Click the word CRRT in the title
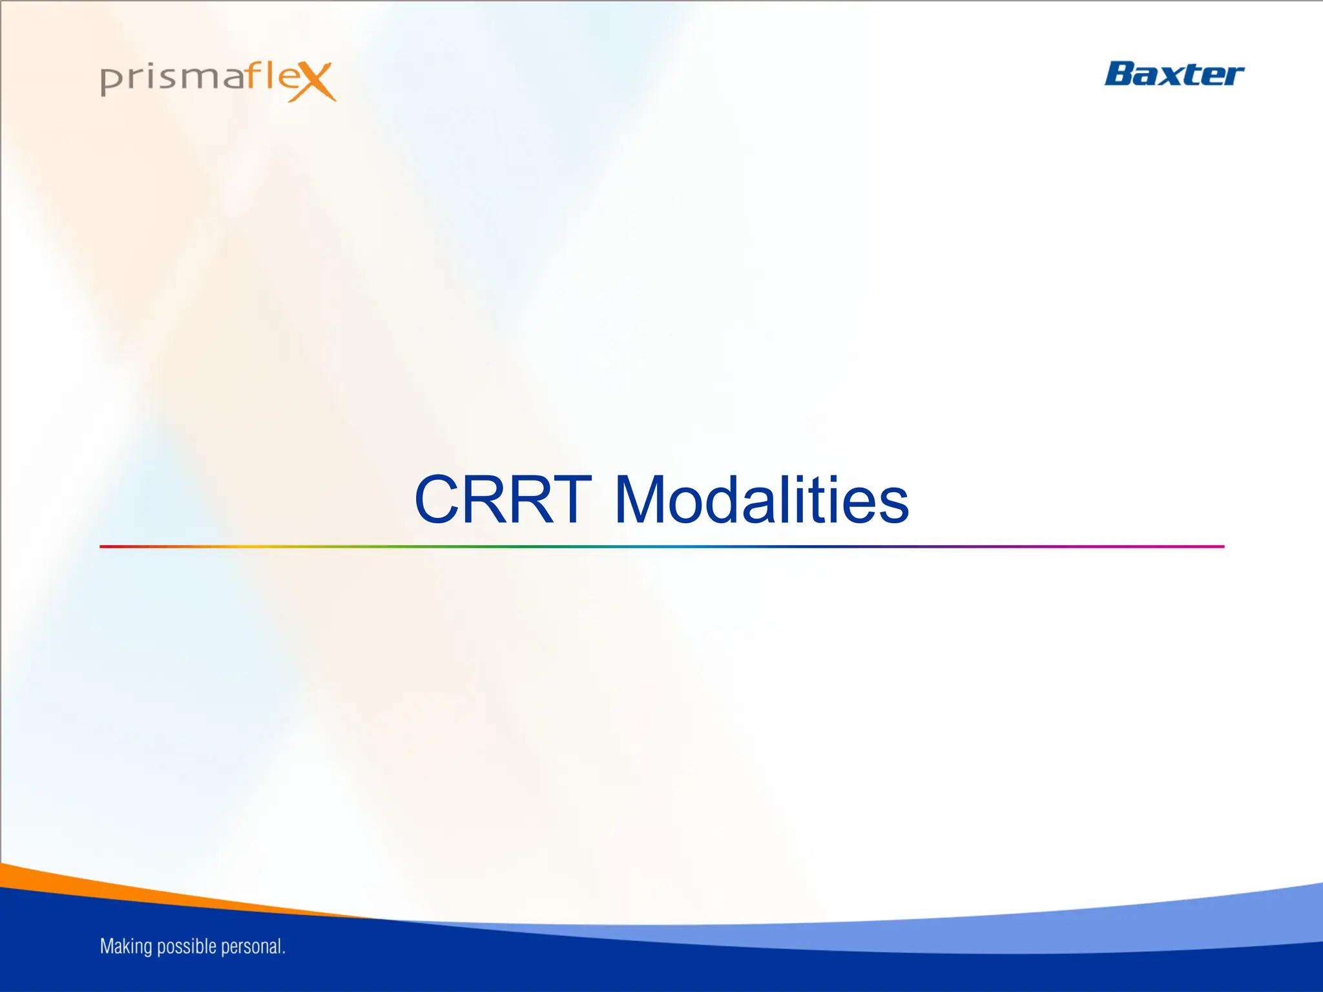(x=503, y=501)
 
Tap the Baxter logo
(x=1173, y=74)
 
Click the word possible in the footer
(x=186, y=947)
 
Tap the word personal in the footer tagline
(x=251, y=947)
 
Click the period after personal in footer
(x=284, y=953)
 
